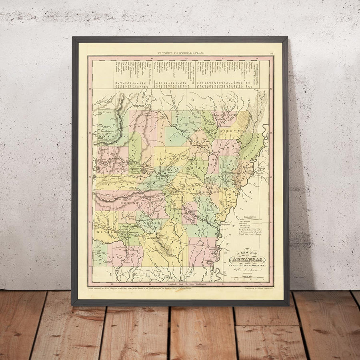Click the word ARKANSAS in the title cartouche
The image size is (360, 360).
tap(247, 260)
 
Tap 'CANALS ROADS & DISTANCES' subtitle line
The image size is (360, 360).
tap(247, 265)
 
